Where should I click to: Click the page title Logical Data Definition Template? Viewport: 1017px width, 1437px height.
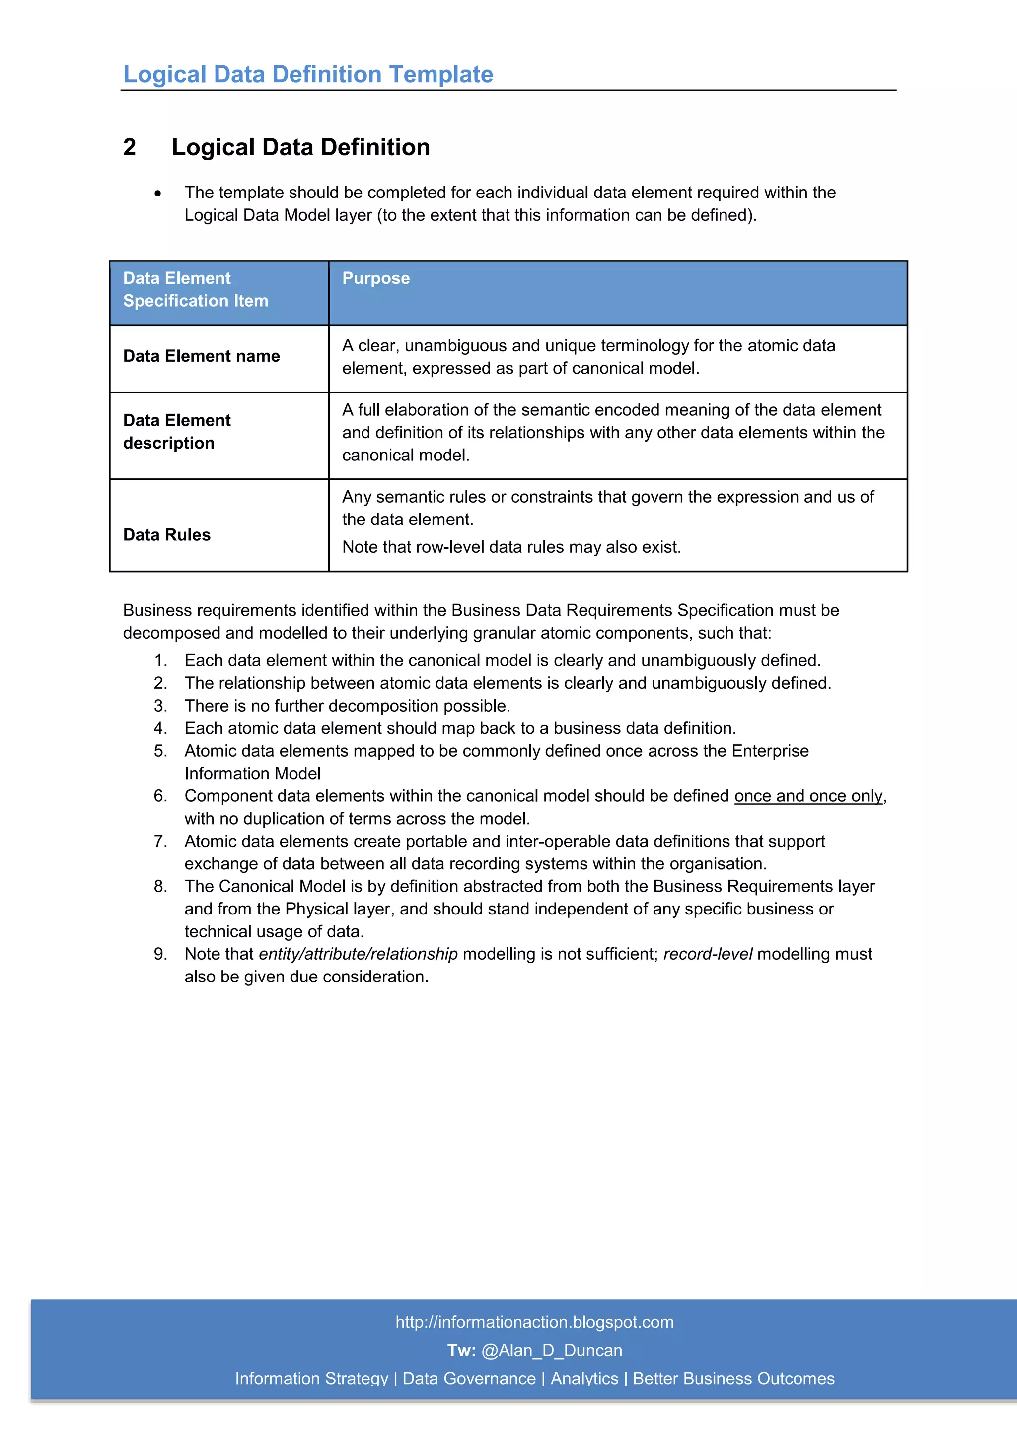(x=308, y=74)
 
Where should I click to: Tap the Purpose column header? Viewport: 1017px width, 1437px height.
(x=376, y=278)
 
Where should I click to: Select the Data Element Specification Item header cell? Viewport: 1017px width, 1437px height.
(x=195, y=290)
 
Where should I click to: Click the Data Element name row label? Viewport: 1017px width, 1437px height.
(x=201, y=356)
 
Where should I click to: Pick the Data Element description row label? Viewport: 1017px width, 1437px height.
(x=177, y=432)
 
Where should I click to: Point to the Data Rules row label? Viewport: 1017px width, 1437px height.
(x=166, y=535)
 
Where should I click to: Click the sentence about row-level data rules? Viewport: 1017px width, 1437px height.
(x=511, y=547)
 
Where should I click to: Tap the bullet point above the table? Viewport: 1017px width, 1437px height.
(x=158, y=194)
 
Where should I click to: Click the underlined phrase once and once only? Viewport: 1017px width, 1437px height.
(x=808, y=796)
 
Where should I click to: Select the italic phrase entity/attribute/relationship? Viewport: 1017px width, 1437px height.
(x=358, y=954)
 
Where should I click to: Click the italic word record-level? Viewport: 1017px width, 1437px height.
(x=708, y=954)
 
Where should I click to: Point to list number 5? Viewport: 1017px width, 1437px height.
(x=160, y=751)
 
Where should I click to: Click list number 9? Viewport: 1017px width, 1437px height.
(x=160, y=954)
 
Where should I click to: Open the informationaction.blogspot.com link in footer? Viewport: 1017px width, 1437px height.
(x=534, y=1322)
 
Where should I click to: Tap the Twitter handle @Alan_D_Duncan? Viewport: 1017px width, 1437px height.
(x=552, y=1351)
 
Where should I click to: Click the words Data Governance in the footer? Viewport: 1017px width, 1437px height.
(x=469, y=1379)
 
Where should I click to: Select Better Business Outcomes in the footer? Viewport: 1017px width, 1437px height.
(x=733, y=1379)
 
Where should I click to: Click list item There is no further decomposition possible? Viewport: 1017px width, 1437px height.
(x=347, y=706)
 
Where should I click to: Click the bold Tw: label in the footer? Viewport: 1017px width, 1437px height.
(x=461, y=1351)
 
